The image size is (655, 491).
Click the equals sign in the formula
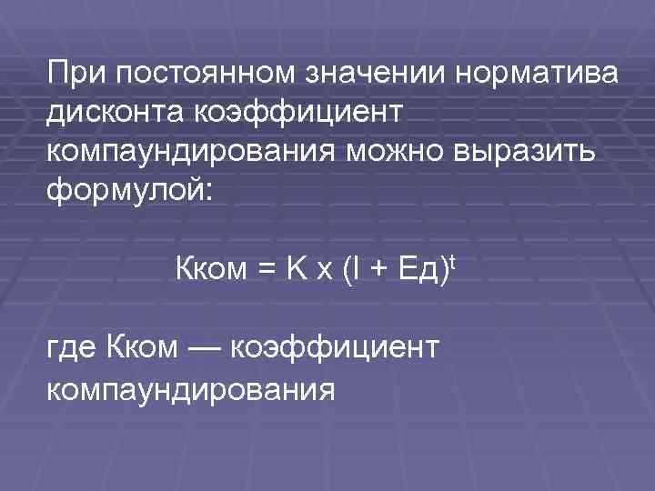tap(268, 271)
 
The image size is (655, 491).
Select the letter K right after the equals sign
tap(297, 271)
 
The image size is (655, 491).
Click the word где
tap(71, 349)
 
